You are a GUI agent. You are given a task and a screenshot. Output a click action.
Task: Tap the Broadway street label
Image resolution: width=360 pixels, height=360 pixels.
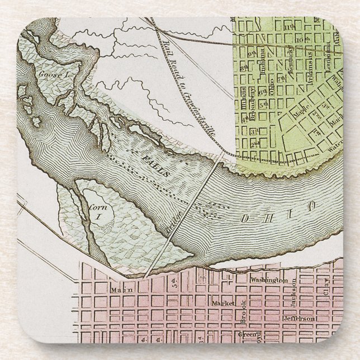point(253,101)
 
